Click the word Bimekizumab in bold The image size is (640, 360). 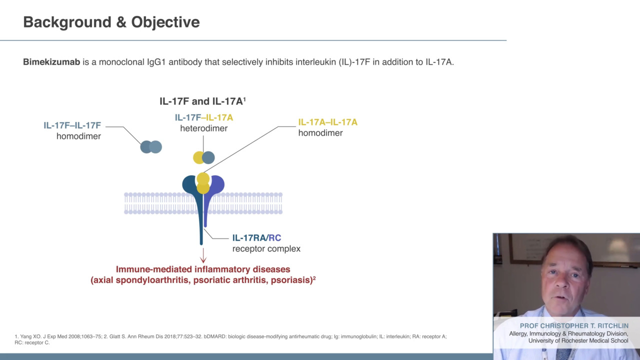[51, 62]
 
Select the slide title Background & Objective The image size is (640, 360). [111, 22]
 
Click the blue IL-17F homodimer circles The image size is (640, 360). [151, 147]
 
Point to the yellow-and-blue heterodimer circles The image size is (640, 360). [203, 157]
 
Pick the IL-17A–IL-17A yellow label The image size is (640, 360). [327, 122]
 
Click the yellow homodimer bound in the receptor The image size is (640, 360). [203, 183]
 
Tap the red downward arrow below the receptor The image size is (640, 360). [203, 255]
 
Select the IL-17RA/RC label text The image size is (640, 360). [256, 237]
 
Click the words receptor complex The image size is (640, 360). [266, 249]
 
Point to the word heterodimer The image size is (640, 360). [203, 128]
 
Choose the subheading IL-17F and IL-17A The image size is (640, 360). [202, 101]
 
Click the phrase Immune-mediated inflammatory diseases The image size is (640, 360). [203, 269]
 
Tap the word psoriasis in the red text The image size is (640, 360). [291, 280]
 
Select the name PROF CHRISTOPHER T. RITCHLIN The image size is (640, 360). [574, 325]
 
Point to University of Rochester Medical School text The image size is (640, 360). [578, 340]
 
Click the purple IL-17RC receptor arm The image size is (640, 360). [212, 194]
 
